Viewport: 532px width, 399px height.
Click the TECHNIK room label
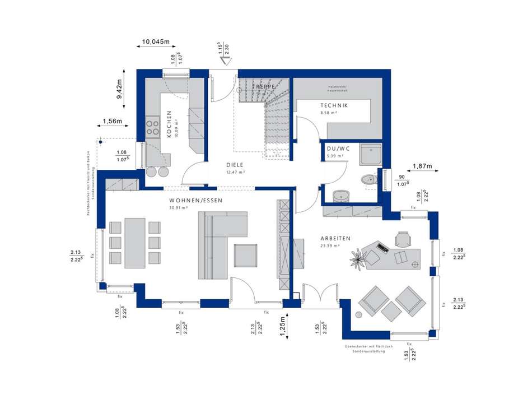click(334, 105)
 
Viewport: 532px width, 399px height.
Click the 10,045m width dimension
click(156, 41)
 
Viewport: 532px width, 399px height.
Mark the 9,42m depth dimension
click(119, 89)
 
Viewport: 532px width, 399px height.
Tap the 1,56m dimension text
click(113, 122)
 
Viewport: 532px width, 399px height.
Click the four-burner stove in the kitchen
click(152, 127)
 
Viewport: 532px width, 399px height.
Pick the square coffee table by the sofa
click(246, 256)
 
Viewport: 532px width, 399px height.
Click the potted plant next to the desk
click(357, 257)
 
